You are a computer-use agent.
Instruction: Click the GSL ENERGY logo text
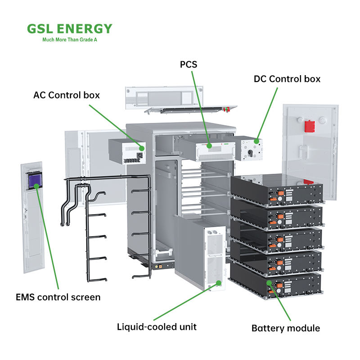coord(69,29)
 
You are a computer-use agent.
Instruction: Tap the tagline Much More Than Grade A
coord(69,40)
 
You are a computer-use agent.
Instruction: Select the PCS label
coord(189,65)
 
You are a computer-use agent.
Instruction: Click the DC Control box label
coord(287,79)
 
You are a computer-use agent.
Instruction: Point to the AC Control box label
coord(67,95)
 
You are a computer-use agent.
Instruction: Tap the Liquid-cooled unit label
coord(157,327)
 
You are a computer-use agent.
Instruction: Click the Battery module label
coord(286,328)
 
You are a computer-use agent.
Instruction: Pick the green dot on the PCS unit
coord(209,145)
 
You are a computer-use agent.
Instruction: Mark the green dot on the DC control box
coord(256,141)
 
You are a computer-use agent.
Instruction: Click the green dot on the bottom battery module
coord(269,283)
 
